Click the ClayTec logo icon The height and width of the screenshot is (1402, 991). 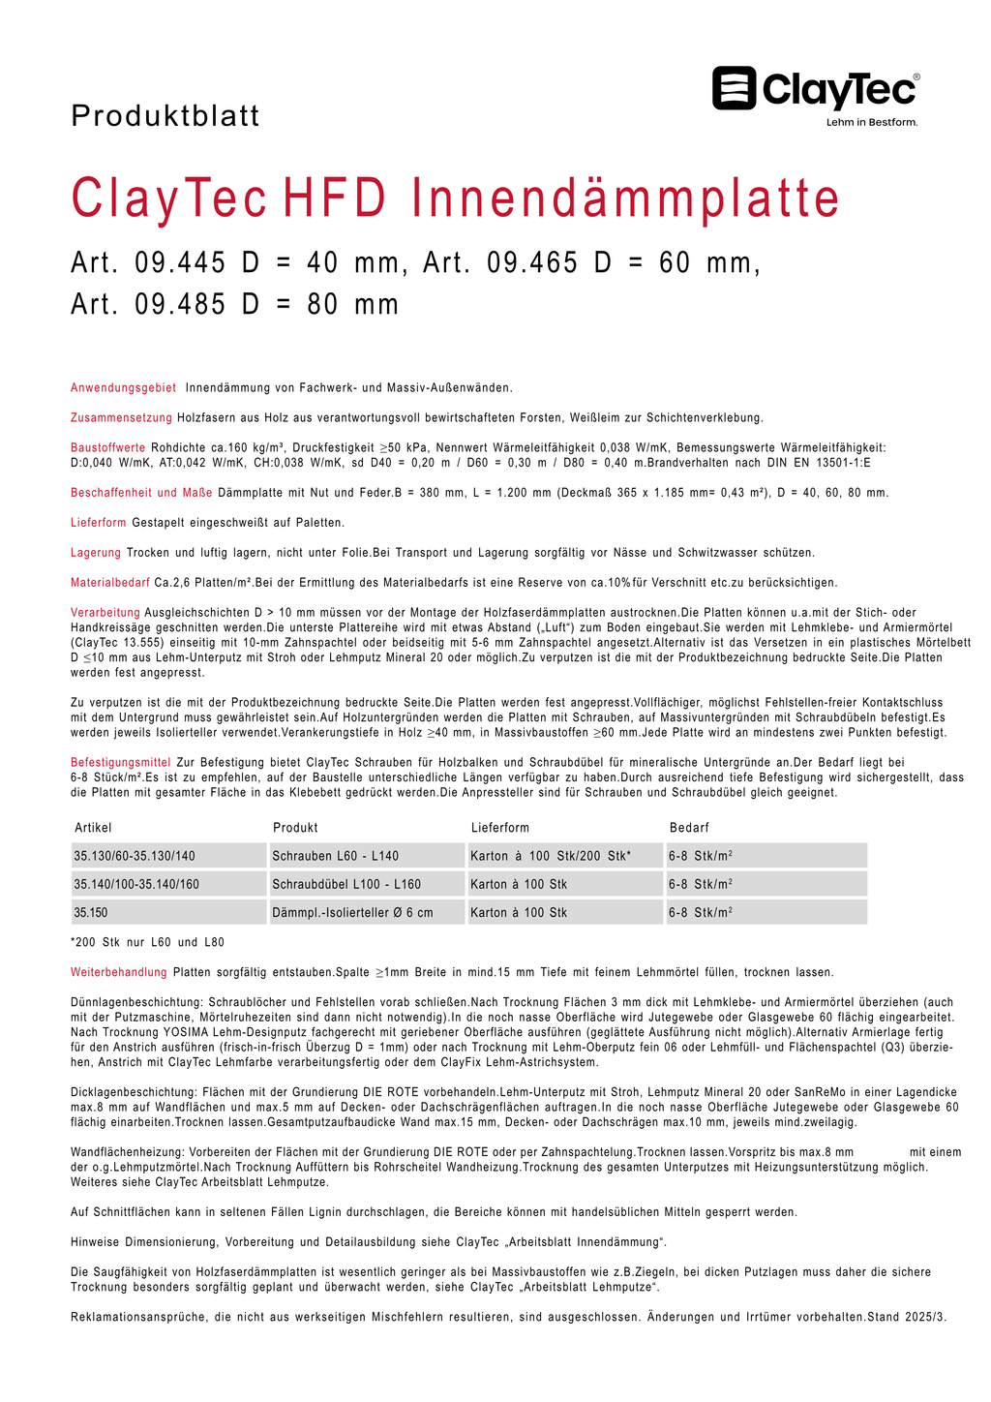(x=735, y=88)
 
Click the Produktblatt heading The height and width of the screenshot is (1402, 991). (x=165, y=116)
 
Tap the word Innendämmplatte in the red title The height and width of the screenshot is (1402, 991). (x=625, y=198)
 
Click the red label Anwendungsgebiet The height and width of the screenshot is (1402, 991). (x=124, y=388)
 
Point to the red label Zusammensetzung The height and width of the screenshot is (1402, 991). (x=122, y=418)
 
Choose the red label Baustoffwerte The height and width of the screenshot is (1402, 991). (x=108, y=448)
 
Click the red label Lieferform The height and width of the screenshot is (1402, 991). (x=99, y=523)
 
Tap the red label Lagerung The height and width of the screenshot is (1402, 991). (x=96, y=553)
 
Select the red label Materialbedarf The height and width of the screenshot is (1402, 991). (x=110, y=583)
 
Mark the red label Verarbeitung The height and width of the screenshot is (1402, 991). (x=105, y=613)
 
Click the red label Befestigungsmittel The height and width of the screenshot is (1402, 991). (x=121, y=763)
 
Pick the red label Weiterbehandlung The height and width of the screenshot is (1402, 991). (x=119, y=972)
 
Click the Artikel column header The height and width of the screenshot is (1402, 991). (x=93, y=828)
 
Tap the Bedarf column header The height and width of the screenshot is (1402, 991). (x=689, y=828)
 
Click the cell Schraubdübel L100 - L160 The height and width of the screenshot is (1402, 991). (x=346, y=884)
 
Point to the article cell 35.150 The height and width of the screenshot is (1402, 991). (x=91, y=912)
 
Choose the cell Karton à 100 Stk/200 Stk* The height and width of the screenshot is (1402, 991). (x=551, y=856)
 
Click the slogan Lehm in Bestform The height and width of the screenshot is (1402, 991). (x=871, y=123)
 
